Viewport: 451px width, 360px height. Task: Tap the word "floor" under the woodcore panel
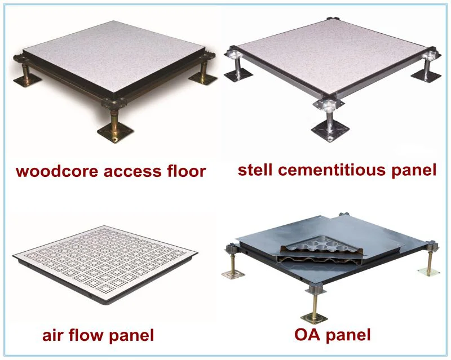[x=185, y=171]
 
